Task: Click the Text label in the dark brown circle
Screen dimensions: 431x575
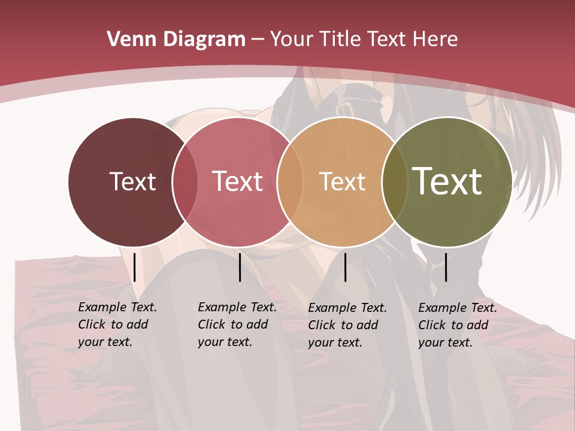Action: tap(132, 181)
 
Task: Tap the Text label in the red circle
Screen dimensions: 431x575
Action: tap(237, 181)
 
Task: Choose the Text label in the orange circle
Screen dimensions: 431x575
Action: tap(342, 181)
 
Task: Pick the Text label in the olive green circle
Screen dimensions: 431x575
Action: tap(447, 181)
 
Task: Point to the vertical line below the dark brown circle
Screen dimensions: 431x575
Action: tap(135, 267)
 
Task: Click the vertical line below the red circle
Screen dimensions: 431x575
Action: tap(240, 267)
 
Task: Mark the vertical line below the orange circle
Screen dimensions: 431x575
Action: tap(345, 267)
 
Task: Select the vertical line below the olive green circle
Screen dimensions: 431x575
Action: tap(446, 267)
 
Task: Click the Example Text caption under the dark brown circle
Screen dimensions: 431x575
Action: tap(117, 324)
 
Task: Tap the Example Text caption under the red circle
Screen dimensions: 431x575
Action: tap(237, 324)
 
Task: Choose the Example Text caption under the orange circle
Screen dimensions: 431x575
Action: tap(347, 325)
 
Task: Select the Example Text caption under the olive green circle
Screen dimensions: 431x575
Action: tap(457, 325)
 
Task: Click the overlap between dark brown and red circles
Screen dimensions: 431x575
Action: tap(185, 181)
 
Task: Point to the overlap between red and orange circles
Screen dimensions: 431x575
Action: tap(290, 181)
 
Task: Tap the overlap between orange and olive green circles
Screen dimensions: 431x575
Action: tap(394, 181)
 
